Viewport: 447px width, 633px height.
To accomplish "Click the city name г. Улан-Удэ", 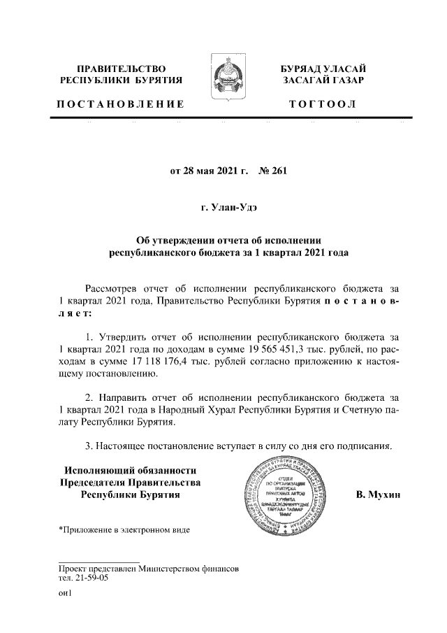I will pyautogui.click(x=223, y=208).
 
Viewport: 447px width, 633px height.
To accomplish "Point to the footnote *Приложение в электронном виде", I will pyautogui.click(x=124, y=529).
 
